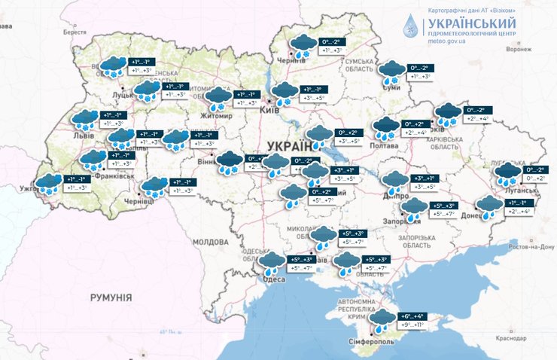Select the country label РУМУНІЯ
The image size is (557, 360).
point(111,297)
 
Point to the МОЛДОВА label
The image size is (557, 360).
point(210,243)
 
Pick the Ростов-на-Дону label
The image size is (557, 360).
point(530,246)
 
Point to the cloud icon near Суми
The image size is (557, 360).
point(391,72)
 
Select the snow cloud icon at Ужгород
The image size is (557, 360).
point(49,185)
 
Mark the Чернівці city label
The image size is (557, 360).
point(138,203)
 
